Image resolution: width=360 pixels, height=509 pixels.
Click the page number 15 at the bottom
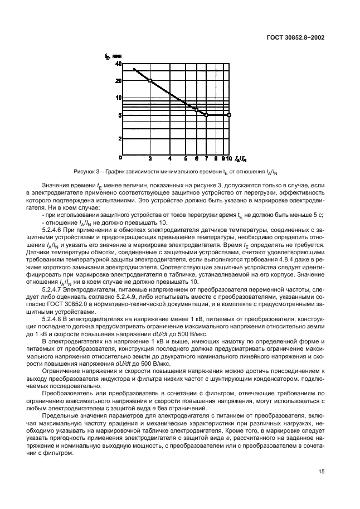[322, 471]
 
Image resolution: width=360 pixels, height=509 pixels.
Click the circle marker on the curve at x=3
[150, 81]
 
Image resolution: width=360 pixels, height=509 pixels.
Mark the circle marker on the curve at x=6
[196, 110]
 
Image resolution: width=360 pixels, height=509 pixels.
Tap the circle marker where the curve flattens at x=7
[206, 115]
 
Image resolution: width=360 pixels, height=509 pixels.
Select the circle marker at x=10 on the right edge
[229, 115]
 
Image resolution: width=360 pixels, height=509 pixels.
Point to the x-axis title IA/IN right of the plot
[239, 158]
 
